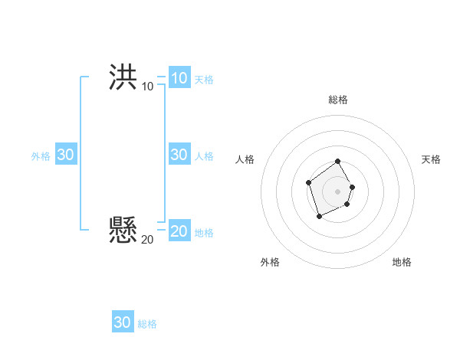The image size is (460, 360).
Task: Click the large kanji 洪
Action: coord(123,77)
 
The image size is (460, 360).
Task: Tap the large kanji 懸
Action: coord(123,230)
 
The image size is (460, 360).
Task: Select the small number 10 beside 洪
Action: coord(147,87)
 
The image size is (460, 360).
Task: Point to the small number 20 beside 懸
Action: coord(147,240)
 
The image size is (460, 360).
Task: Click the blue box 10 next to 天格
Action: coord(179,77)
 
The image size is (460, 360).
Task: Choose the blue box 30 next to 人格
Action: coord(179,155)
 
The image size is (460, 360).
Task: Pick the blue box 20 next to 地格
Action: coord(179,231)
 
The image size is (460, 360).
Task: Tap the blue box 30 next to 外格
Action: coord(66,155)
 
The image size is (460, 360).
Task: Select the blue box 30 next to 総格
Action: coord(123,322)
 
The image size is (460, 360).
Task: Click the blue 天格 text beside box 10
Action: coord(204,79)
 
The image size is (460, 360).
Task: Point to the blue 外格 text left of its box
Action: coord(41,156)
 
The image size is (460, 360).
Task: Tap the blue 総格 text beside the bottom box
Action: coord(147,324)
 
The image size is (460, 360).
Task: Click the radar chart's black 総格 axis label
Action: coord(338,100)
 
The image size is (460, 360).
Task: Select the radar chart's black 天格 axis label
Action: coord(431,159)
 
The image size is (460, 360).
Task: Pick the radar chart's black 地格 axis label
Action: coord(402,262)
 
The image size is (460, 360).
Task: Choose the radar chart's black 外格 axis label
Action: coord(270,262)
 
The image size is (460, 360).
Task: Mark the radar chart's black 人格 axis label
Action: coord(245,159)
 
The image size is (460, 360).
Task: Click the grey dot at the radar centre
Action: coord(338,191)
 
